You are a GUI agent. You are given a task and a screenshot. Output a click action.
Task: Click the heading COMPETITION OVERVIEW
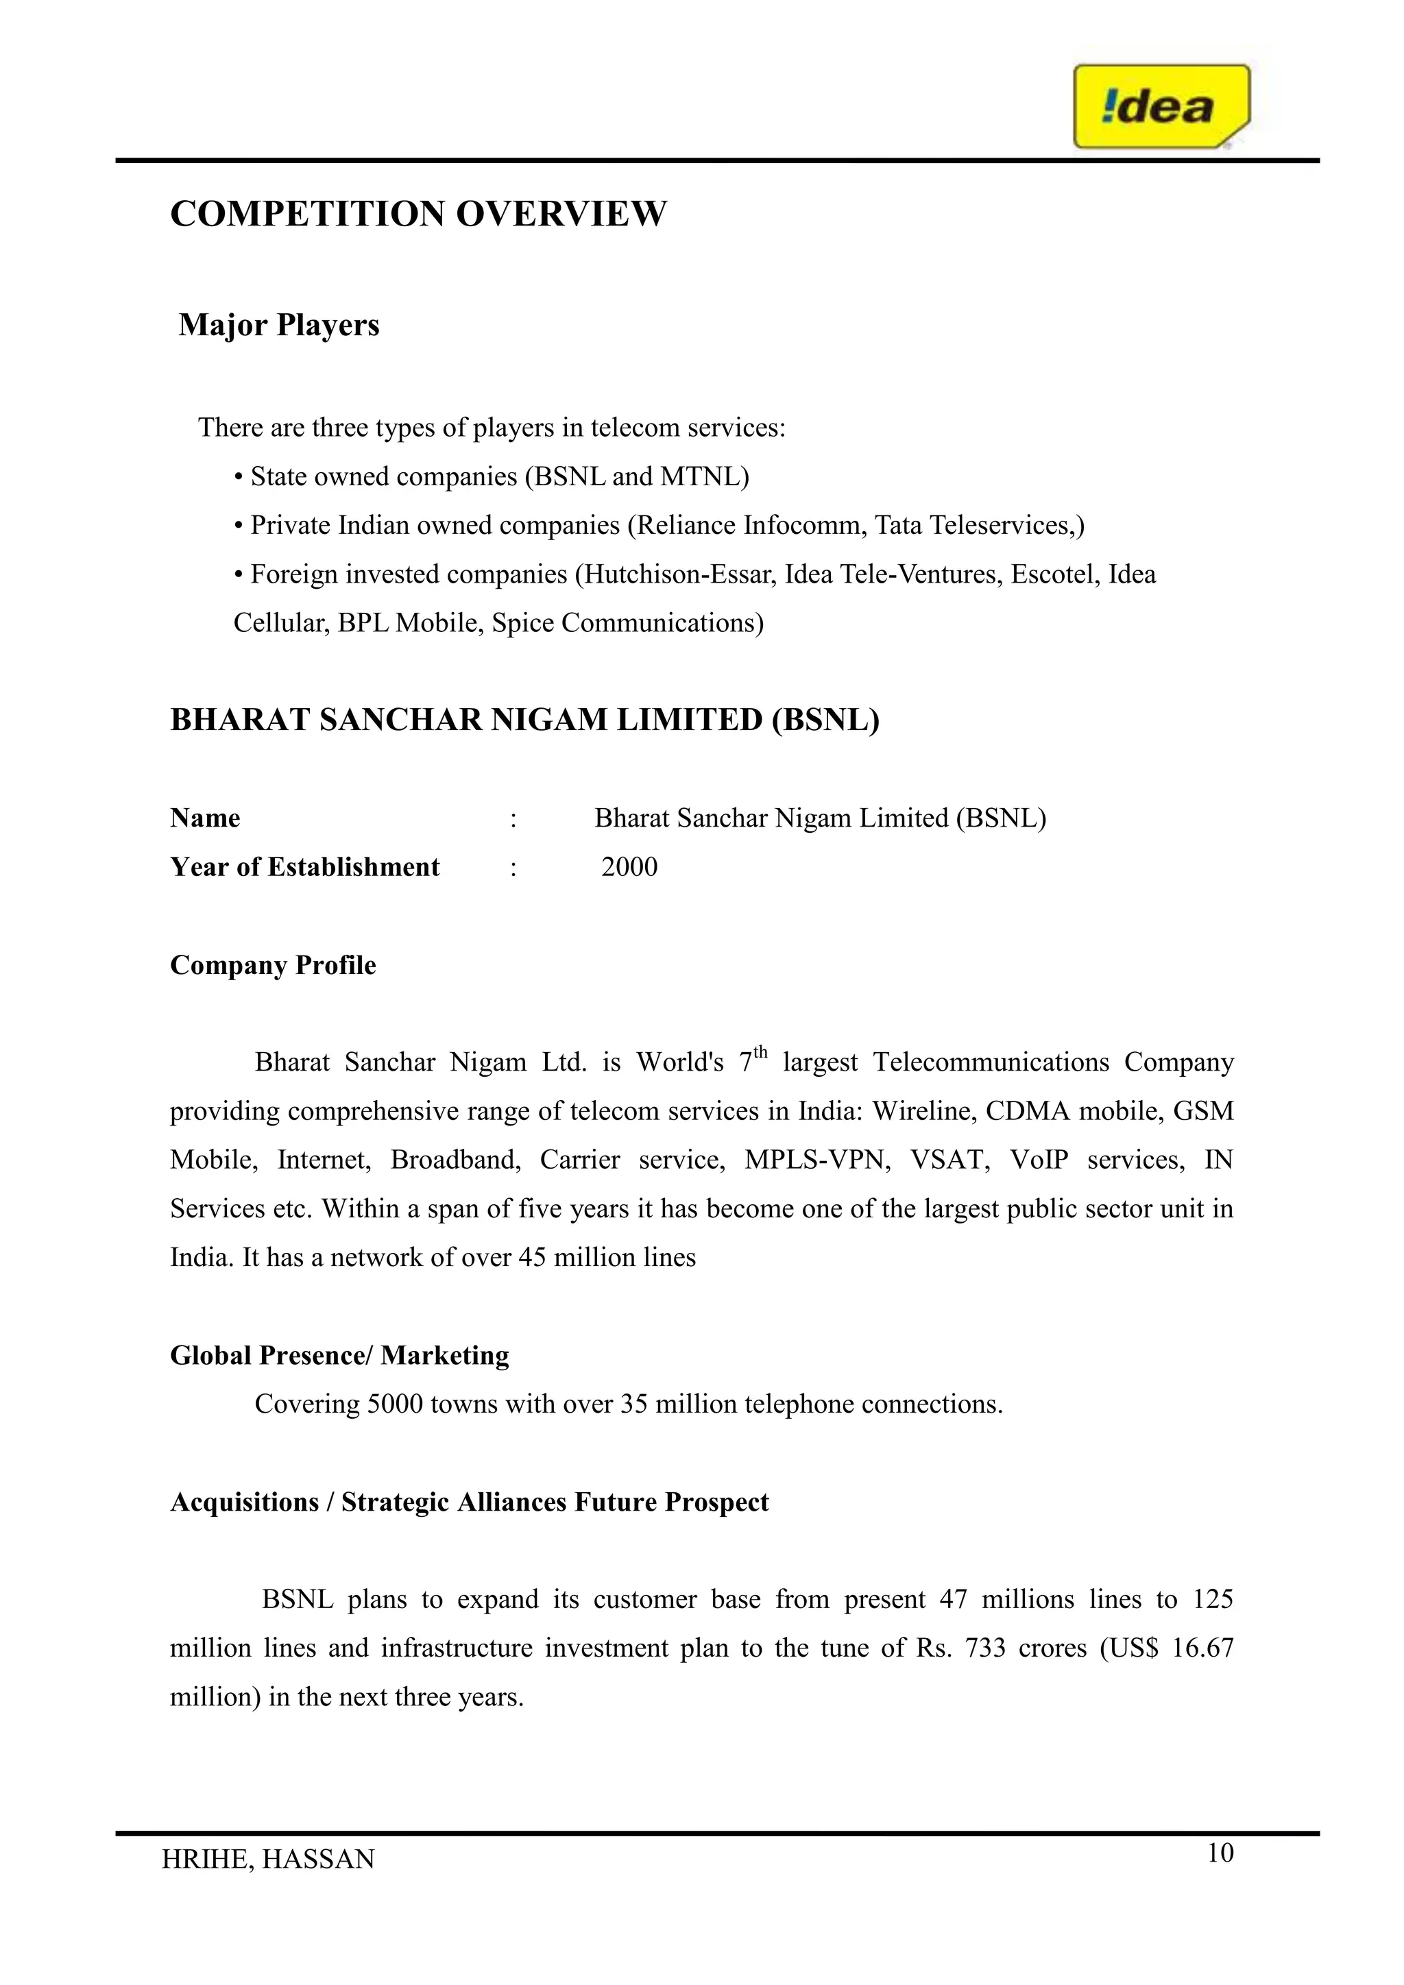point(418,214)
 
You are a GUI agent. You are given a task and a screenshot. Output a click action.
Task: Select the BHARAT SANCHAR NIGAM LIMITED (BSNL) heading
point(524,720)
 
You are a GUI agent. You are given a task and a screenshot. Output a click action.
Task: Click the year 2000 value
point(629,867)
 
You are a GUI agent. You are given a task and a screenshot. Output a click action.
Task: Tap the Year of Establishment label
point(304,867)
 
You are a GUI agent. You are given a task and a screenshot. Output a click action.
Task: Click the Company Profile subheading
point(274,965)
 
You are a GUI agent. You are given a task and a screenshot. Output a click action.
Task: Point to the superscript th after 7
point(760,1052)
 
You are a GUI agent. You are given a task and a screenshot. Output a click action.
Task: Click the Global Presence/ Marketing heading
point(340,1354)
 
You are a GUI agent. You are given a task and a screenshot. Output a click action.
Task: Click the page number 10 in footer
point(1220,1853)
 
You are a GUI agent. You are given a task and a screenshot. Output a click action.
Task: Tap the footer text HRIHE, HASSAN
point(268,1859)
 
